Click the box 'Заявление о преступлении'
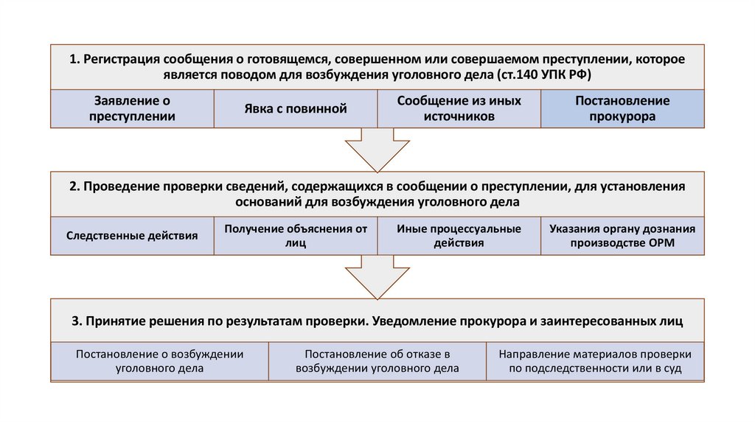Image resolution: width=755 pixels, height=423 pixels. (x=133, y=108)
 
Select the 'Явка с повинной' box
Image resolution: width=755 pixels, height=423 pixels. (x=296, y=108)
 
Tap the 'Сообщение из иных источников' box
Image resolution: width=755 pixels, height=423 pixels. (x=459, y=108)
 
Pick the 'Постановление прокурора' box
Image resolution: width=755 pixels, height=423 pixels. (x=622, y=108)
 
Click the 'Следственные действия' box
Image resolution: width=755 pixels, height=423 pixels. (x=133, y=236)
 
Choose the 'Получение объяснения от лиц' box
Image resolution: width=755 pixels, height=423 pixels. (x=296, y=236)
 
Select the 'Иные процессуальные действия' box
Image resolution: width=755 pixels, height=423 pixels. (x=459, y=236)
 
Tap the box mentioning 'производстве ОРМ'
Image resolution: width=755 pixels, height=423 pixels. (x=622, y=236)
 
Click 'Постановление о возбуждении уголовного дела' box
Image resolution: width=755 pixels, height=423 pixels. (x=160, y=361)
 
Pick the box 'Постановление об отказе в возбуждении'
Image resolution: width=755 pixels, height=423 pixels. (x=377, y=361)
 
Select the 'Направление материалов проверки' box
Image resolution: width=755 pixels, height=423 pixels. (x=594, y=361)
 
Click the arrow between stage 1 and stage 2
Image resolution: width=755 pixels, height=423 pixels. (x=377, y=149)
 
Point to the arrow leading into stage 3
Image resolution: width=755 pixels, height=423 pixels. (x=377, y=277)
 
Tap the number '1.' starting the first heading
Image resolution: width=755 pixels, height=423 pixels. (x=75, y=60)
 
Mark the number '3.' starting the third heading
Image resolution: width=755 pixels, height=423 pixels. (x=77, y=321)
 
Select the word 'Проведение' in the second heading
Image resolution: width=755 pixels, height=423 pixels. (x=118, y=186)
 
